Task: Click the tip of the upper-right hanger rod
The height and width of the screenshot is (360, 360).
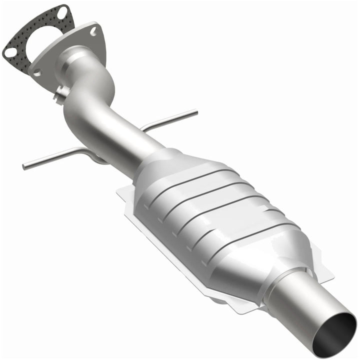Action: pyautogui.click(x=196, y=112)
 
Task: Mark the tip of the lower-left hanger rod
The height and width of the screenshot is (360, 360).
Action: pyautogui.click(x=24, y=165)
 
